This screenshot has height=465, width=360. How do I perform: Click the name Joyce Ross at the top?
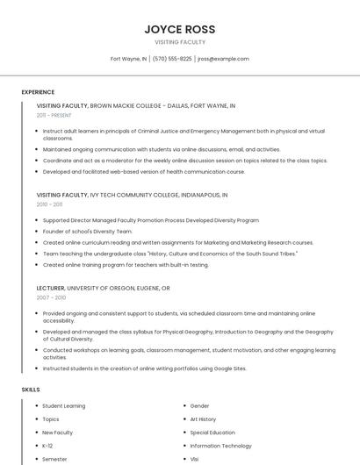coord(180,29)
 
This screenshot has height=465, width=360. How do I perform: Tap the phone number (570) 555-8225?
coord(172,59)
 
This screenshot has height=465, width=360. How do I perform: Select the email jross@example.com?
coord(223,59)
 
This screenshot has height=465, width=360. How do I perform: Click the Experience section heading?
coord(38,92)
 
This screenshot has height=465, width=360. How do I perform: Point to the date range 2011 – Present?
coord(54,115)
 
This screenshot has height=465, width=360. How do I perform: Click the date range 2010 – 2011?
coord(49,204)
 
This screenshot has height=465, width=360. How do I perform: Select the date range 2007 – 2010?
coord(51,297)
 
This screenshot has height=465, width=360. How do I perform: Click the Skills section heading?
coord(31,389)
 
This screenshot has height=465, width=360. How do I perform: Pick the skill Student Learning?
coord(64,406)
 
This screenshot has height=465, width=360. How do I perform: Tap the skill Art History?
coord(203,419)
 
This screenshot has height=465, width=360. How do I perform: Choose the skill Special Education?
coord(212,433)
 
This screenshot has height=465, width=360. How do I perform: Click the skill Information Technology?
coord(220,446)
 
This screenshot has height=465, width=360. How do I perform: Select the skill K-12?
coord(47,446)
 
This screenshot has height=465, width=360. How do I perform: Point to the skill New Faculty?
coord(58,433)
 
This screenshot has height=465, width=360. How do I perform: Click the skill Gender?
coord(200,406)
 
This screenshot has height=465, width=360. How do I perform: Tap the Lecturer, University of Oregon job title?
coord(104,288)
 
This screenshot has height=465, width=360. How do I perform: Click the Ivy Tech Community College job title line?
coord(133,195)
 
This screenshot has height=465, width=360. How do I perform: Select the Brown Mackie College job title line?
coord(136,105)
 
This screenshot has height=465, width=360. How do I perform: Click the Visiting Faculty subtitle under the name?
coord(180,42)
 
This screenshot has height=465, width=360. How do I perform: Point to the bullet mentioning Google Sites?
coord(145,368)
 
